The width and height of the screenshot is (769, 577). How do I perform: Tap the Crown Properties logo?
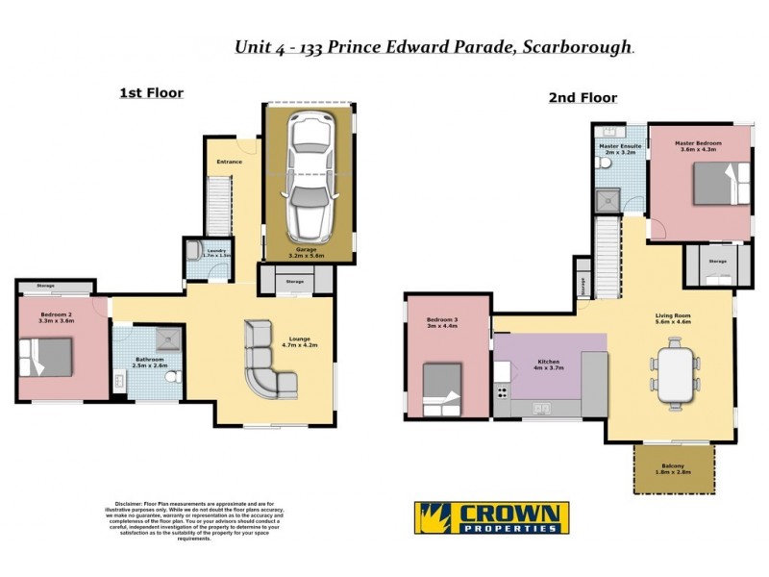[x=491, y=517]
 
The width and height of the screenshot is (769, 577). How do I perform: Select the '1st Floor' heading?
[x=151, y=93]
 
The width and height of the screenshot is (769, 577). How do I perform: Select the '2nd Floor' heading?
[x=583, y=97]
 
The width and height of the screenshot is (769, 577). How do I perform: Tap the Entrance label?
[x=229, y=162]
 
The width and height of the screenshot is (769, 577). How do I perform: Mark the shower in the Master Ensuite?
[x=607, y=200]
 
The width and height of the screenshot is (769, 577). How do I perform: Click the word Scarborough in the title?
[x=575, y=46]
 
